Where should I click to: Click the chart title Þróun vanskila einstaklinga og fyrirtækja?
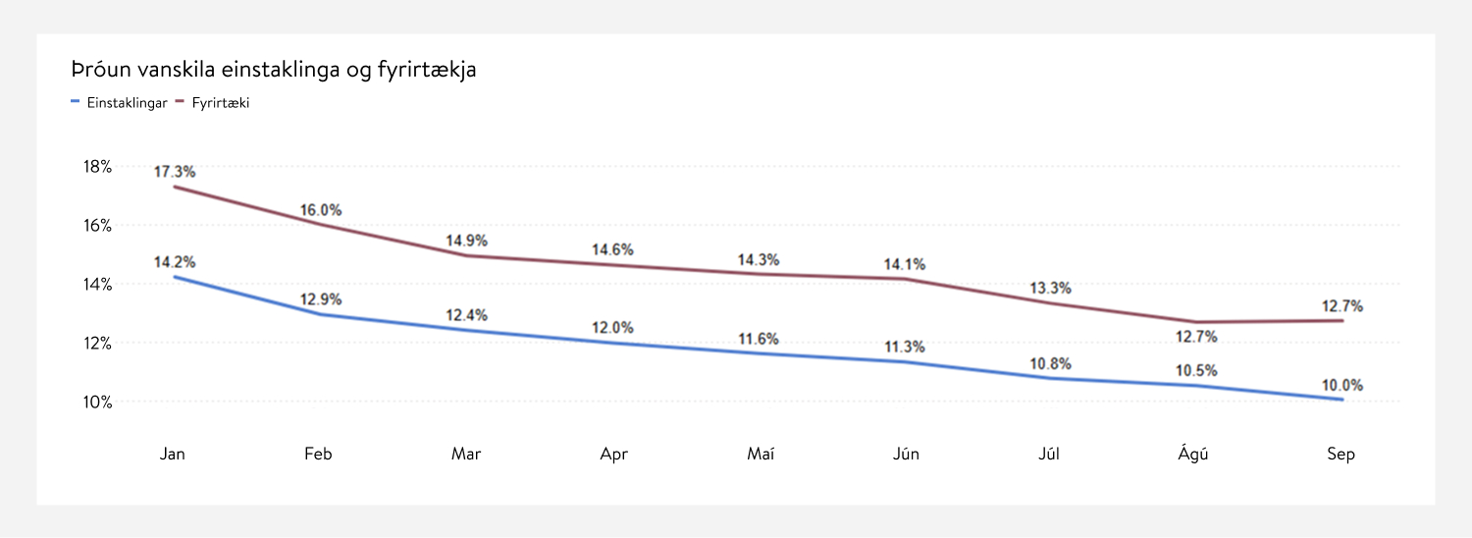pyautogui.click(x=274, y=70)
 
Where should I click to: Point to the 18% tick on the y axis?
pyautogui.click(x=97, y=167)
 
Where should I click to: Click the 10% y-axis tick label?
pyautogui.click(x=97, y=403)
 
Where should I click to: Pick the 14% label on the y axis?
pyautogui.click(x=97, y=285)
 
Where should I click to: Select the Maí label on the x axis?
pyautogui.click(x=761, y=455)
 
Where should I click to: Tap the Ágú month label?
pyautogui.click(x=1193, y=455)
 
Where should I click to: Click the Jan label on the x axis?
pyautogui.click(x=173, y=455)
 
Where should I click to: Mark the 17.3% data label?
pyautogui.click(x=175, y=173)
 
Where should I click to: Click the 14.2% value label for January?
pyautogui.click(x=175, y=262)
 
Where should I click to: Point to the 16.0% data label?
pyautogui.click(x=321, y=210)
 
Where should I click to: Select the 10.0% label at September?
pyautogui.click(x=1342, y=386)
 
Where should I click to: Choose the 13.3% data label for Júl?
pyautogui.click(x=1050, y=289)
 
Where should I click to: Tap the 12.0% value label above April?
pyautogui.click(x=612, y=328)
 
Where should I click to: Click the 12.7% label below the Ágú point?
pyautogui.click(x=1196, y=337)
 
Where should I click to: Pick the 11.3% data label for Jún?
pyautogui.click(x=904, y=347)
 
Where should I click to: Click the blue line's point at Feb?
pyautogui.click(x=320, y=314)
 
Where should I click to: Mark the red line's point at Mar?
pyautogui.click(x=466, y=255)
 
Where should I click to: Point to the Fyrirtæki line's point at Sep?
pyautogui.click(x=1341, y=320)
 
